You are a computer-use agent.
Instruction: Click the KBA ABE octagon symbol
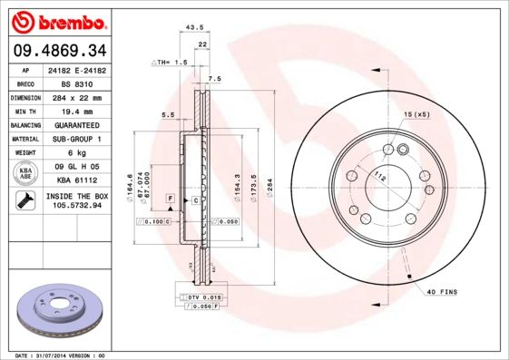(26, 172)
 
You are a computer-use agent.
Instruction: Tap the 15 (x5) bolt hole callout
(416, 113)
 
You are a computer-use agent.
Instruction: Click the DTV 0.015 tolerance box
(201, 297)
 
